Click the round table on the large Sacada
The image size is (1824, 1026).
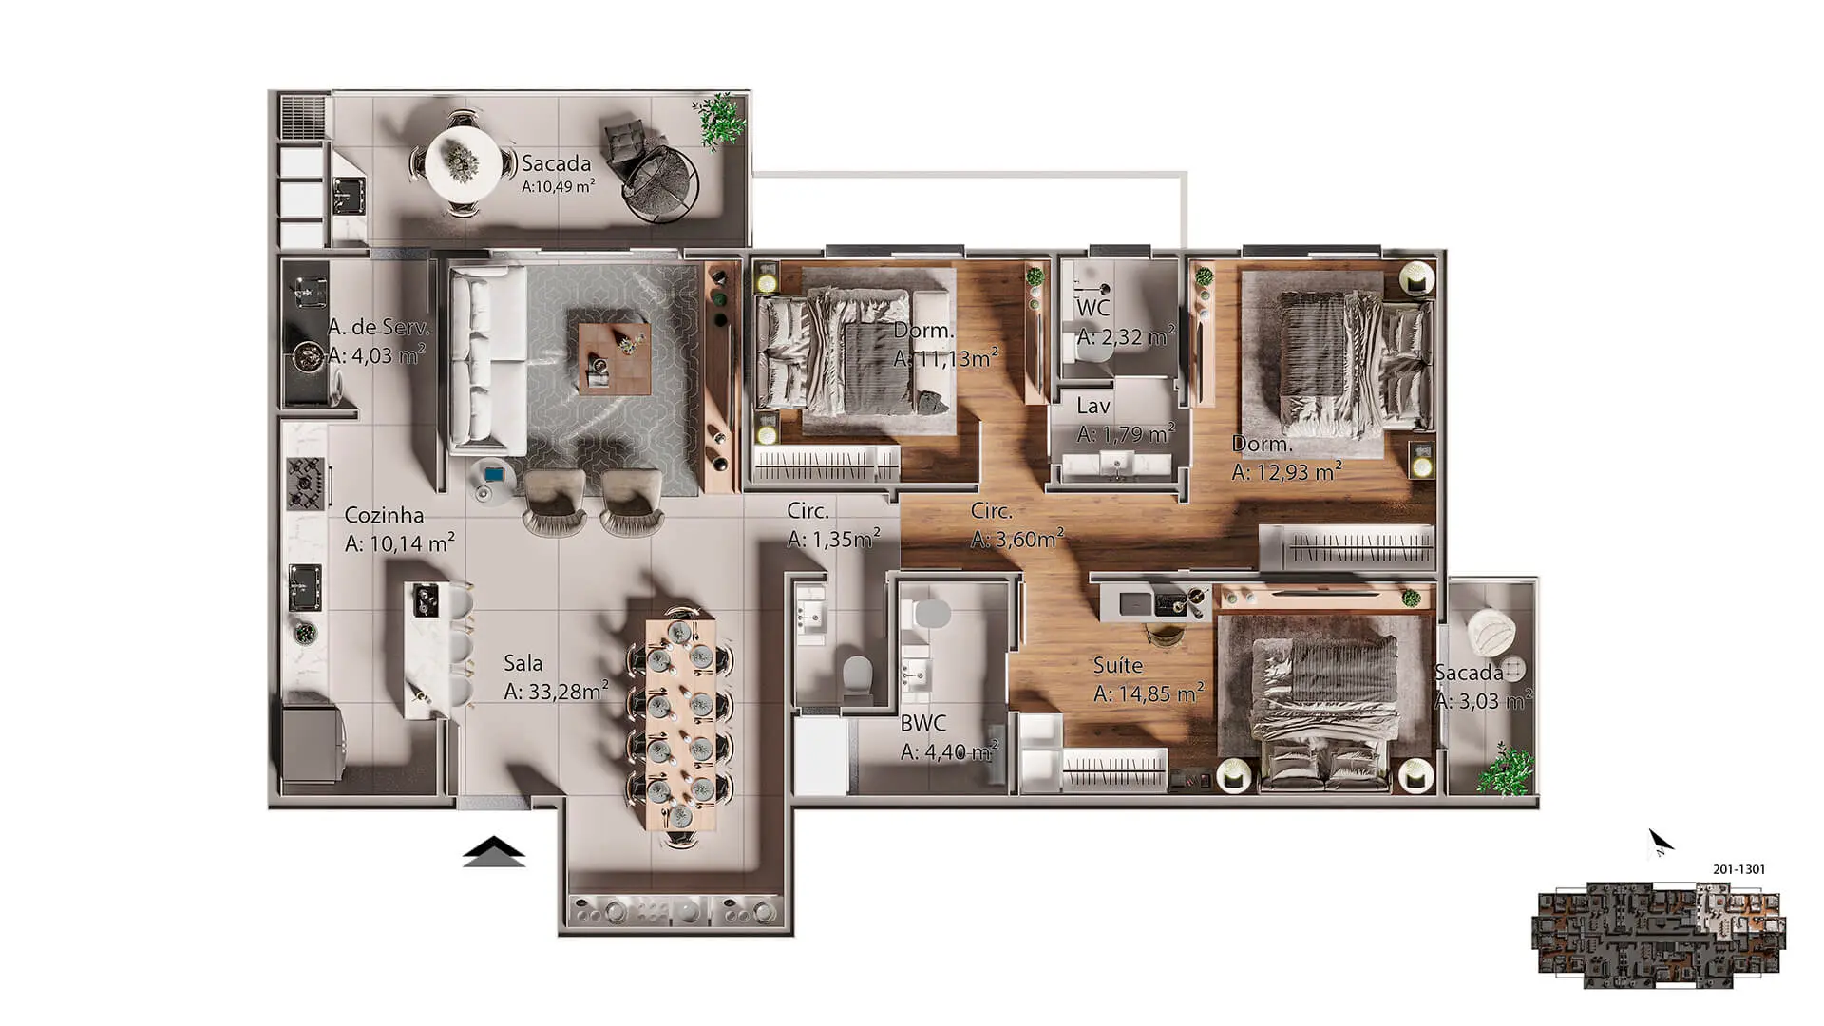click(463, 163)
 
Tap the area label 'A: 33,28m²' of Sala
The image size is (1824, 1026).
click(556, 691)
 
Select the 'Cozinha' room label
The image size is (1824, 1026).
click(384, 515)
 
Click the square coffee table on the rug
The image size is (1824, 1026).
click(615, 358)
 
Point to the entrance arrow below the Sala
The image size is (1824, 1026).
click(494, 851)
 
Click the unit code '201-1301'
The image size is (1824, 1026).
click(1739, 869)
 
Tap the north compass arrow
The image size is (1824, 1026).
click(1660, 842)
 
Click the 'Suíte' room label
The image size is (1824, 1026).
click(1118, 665)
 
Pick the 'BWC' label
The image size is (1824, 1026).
click(923, 722)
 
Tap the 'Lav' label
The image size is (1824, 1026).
click(1093, 406)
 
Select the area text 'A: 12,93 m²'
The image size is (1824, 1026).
click(1287, 471)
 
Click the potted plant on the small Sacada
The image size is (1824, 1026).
click(1505, 770)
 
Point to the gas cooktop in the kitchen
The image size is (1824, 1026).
click(307, 482)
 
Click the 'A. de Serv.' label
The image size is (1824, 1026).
click(379, 327)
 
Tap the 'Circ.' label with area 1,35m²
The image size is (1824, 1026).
click(807, 511)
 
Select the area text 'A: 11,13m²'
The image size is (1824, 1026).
click(946, 358)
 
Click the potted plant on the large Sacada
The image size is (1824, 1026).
click(720, 121)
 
